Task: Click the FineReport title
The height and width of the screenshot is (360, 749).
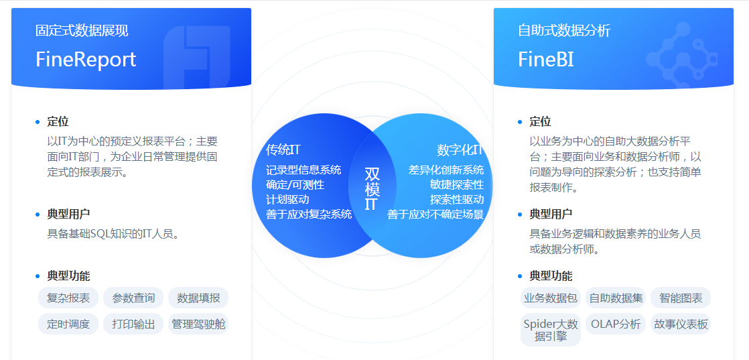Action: tap(86, 60)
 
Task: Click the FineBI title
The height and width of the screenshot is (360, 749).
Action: tap(546, 60)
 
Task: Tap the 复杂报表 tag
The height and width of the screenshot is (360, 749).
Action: tap(68, 298)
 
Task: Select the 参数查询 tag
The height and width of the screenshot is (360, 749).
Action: tap(133, 298)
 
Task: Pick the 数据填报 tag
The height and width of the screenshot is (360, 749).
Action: tap(198, 298)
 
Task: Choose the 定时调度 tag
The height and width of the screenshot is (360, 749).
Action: tap(68, 324)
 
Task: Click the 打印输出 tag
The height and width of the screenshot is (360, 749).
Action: tap(133, 324)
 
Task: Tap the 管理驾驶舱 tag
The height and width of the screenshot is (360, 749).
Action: tap(198, 324)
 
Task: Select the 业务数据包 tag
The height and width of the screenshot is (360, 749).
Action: tap(551, 298)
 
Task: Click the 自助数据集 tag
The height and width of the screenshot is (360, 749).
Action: tap(616, 298)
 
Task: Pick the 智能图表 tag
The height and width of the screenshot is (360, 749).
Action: tap(681, 298)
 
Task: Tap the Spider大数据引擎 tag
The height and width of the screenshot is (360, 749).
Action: tap(551, 330)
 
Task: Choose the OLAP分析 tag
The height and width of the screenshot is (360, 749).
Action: tap(616, 324)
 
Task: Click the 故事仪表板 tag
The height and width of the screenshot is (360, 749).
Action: tap(681, 324)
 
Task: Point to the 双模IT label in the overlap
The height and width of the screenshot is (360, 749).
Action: tap(372, 188)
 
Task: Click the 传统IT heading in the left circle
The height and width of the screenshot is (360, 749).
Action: tap(283, 149)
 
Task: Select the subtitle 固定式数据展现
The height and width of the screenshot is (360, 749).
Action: tap(82, 31)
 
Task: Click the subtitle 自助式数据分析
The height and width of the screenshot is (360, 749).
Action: tap(564, 31)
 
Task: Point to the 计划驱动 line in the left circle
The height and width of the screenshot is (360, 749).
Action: tap(287, 199)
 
